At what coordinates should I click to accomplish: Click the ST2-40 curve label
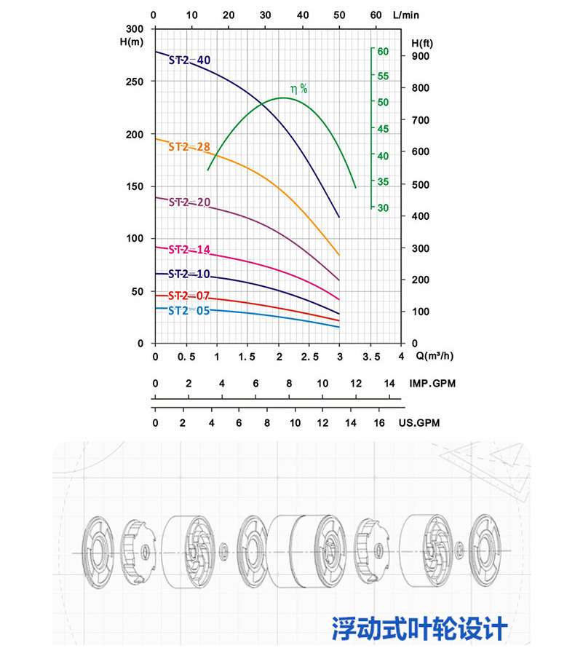189,60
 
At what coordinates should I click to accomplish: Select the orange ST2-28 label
189,146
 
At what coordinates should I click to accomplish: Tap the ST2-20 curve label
189,202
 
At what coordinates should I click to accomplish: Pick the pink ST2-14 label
189,250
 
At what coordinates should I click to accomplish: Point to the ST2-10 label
189,274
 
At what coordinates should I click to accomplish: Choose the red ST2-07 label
189,296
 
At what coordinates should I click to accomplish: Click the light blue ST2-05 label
189,310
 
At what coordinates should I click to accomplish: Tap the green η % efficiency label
299,89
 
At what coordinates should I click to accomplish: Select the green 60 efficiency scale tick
383,51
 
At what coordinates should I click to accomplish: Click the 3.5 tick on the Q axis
371,356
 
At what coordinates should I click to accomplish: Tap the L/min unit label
405,14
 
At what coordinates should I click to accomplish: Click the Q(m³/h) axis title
437,356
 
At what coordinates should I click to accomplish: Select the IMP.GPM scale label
432,384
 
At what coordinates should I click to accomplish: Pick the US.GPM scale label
419,422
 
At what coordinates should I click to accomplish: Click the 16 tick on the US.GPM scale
378,422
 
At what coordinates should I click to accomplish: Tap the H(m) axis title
132,41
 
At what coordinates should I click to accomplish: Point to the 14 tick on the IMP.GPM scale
389,384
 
